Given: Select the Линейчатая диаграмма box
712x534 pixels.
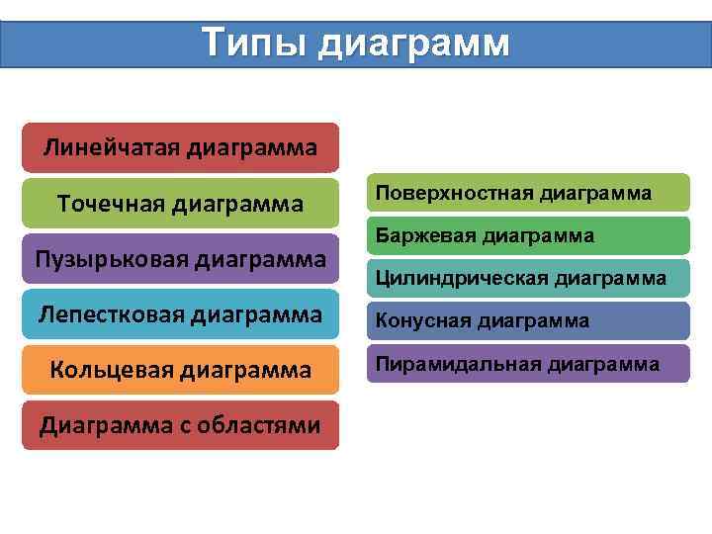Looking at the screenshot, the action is pos(180,148).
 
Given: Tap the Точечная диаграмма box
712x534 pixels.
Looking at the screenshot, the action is pos(180,204).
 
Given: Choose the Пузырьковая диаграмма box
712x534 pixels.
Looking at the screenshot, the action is pos(180,259).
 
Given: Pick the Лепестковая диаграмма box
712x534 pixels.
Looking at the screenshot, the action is pos(180,314).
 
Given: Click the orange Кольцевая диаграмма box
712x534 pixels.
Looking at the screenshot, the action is pos(180,370).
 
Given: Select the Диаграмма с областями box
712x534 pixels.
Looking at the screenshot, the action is pos(180,425).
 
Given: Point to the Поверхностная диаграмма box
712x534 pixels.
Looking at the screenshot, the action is pos(528,193).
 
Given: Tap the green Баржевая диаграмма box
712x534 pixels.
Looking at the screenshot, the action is pos(528,235).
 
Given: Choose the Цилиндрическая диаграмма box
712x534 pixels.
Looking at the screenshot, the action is pos(528,278).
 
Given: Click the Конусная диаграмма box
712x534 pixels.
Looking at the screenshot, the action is pos(528,320).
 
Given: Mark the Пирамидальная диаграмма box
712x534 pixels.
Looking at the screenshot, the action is pos(528,364).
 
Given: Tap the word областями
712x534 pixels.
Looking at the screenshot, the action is pos(259,426).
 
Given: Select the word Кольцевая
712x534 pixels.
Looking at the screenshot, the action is pos(113,371).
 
